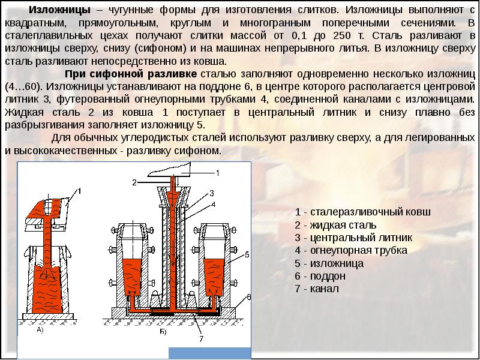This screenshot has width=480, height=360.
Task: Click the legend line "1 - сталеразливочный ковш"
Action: pyautogui.click(x=363, y=212)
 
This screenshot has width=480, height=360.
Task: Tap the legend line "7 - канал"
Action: pyautogui.click(x=317, y=289)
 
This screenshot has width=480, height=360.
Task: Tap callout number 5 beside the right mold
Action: pyautogui.click(x=247, y=256)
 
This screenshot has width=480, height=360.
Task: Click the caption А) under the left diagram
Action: pyautogui.click(x=41, y=330)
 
